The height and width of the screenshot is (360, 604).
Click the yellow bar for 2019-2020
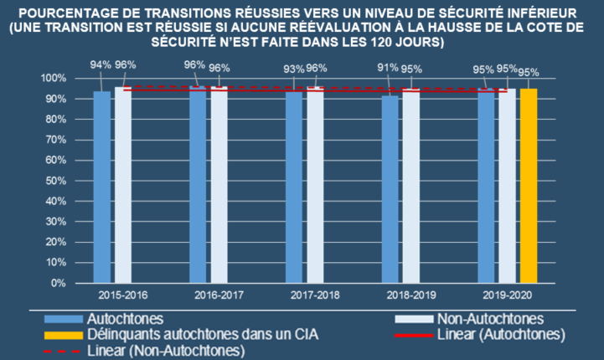529,185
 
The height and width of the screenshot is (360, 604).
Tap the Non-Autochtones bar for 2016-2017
219,184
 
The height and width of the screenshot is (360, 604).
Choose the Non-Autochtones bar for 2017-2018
315,184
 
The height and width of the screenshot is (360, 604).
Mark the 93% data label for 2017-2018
293,68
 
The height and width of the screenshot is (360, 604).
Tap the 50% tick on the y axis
54,181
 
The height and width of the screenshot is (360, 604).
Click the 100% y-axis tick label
52,78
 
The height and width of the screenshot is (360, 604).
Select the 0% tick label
57,283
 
